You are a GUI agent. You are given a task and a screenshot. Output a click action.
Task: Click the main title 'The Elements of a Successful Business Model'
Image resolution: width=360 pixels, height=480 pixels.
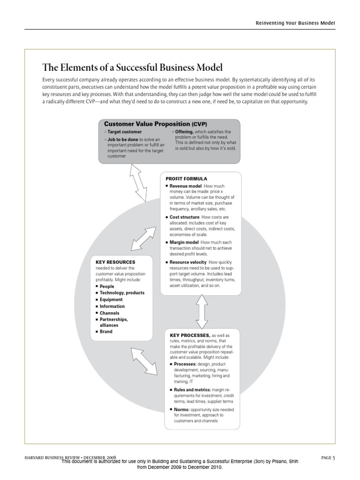132,67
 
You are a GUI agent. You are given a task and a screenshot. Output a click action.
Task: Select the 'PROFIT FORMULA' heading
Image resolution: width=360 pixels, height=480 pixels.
186,179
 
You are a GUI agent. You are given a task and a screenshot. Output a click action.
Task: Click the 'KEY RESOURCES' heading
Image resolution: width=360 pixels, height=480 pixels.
115,262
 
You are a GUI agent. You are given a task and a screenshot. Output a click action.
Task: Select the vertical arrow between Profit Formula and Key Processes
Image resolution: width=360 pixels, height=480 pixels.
202,312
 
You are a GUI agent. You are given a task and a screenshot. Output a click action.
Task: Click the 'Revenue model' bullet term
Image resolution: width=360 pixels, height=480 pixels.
186,186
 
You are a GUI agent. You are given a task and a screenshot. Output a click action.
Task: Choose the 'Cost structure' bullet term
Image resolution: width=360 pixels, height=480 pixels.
185,217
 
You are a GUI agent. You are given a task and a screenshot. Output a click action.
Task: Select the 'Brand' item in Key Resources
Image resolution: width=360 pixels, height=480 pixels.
106,331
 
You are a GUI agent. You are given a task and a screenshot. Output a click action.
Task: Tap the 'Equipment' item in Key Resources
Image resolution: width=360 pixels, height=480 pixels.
111,300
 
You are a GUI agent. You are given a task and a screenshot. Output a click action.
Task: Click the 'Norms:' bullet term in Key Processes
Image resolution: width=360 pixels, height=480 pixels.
182,409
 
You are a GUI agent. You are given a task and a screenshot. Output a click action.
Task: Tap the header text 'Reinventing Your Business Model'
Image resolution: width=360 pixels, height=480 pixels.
295,23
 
